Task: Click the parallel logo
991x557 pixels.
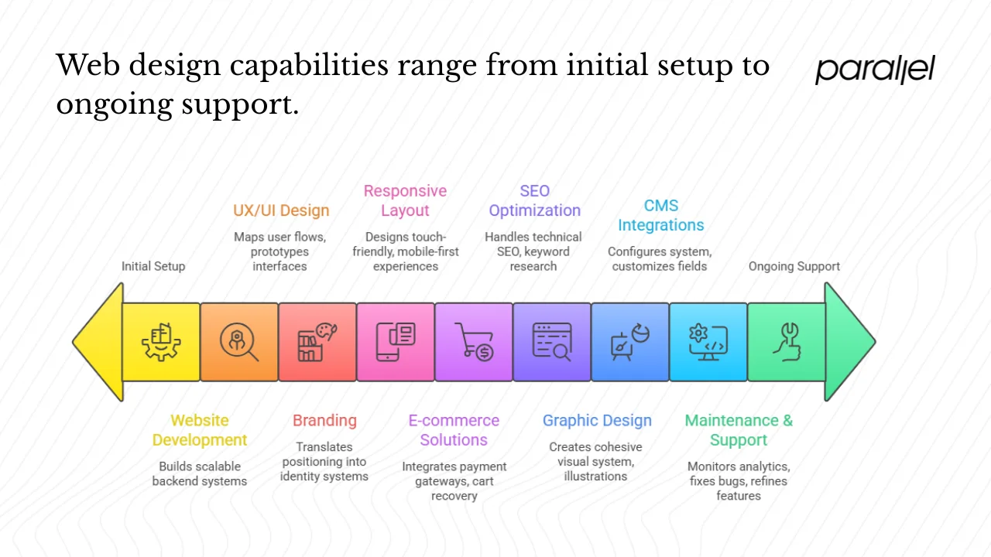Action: (875, 70)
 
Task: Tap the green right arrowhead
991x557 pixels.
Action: (848, 341)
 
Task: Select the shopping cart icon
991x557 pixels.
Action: (474, 342)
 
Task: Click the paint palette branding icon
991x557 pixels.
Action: (317, 342)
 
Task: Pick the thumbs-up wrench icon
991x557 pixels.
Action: (786, 342)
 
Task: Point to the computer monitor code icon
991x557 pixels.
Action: (708, 342)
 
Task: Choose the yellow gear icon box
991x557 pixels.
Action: (161, 342)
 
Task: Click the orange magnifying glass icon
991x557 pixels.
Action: (239, 342)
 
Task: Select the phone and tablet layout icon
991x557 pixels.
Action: (396, 342)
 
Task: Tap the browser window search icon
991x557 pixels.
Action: (552, 342)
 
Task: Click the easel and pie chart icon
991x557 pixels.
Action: (629, 342)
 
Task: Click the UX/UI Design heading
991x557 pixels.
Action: (281, 210)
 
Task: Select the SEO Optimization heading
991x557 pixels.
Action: (534, 200)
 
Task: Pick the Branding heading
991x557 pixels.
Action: (324, 421)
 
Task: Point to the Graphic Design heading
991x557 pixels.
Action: (597, 421)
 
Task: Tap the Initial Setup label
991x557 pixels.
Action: (153, 266)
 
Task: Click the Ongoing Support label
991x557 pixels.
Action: (794, 266)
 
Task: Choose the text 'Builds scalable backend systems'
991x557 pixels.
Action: (200, 473)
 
